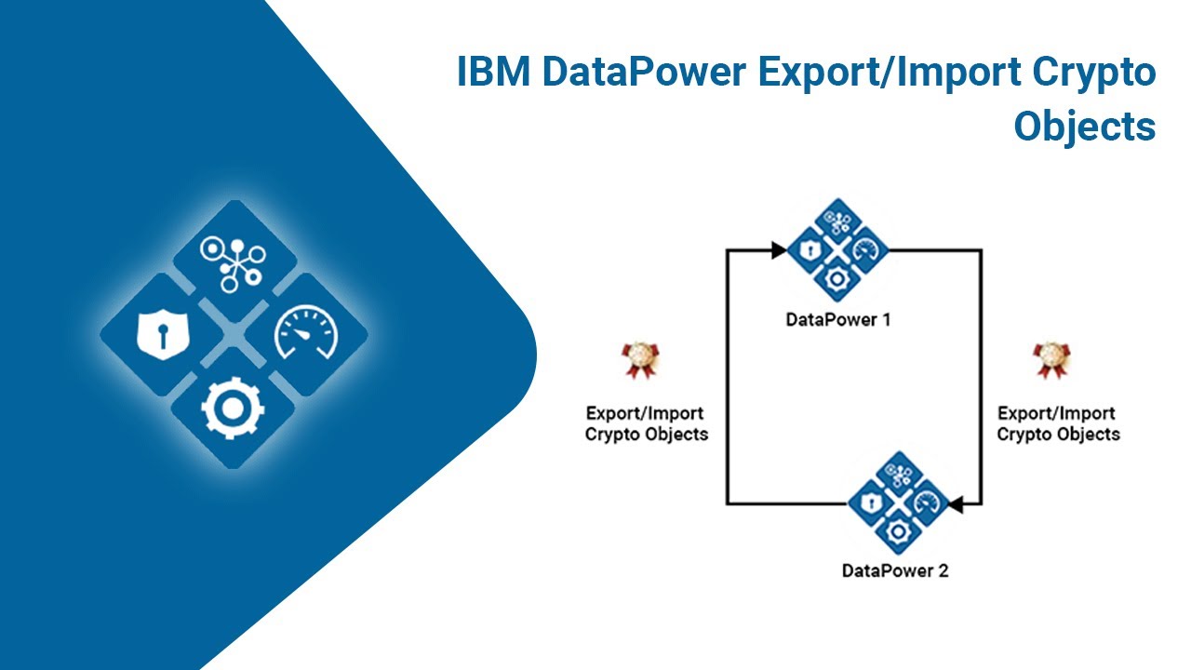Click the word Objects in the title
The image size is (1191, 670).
(x=1084, y=126)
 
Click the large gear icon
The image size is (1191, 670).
(x=233, y=408)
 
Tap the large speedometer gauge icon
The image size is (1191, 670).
(x=304, y=334)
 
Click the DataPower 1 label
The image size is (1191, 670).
(x=837, y=319)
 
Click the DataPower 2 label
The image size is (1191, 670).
(x=895, y=570)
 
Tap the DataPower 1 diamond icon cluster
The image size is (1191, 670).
(x=837, y=250)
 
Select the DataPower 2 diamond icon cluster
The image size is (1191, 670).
(x=897, y=502)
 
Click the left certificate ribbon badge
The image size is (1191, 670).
(x=640, y=361)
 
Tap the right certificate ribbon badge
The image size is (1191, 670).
(x=1051, y=361)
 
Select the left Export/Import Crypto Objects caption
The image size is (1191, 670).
(x=646, y=423)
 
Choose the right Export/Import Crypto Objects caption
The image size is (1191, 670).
(x=1058, y=423)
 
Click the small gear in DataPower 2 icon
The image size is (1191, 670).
(x=897, y=531)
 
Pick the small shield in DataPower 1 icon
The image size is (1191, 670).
(x=810, y=250)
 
